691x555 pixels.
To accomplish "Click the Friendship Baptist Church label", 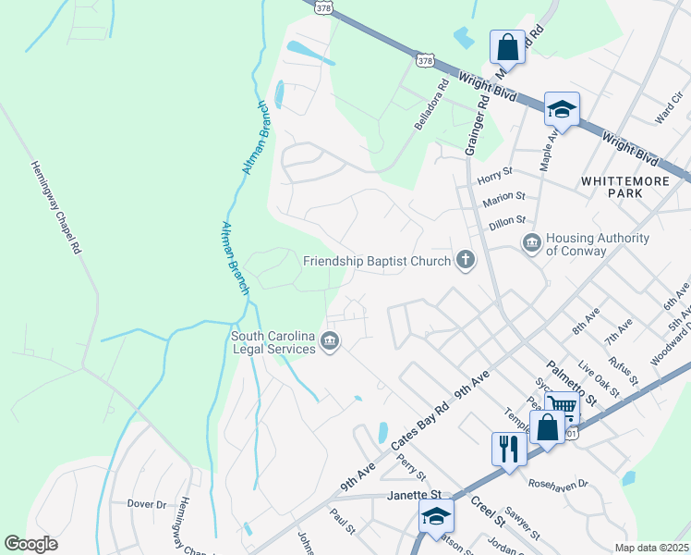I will click(x=377, y=261).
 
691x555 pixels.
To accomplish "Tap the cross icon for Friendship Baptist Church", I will click(x=466, y=261).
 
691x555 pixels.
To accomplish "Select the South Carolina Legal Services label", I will click(x=273, y=342).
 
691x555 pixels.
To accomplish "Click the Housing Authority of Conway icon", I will click(x=532, y=243).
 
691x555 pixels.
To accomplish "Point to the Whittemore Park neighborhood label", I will click(x=624, y=187).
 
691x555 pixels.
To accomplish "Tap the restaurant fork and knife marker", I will click(x=509, y=450).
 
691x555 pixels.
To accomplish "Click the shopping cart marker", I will click(x=561, y=405).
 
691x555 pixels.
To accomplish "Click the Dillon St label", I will click(x=507, y=220).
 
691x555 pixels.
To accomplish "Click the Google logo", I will click(x=30, y=544).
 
